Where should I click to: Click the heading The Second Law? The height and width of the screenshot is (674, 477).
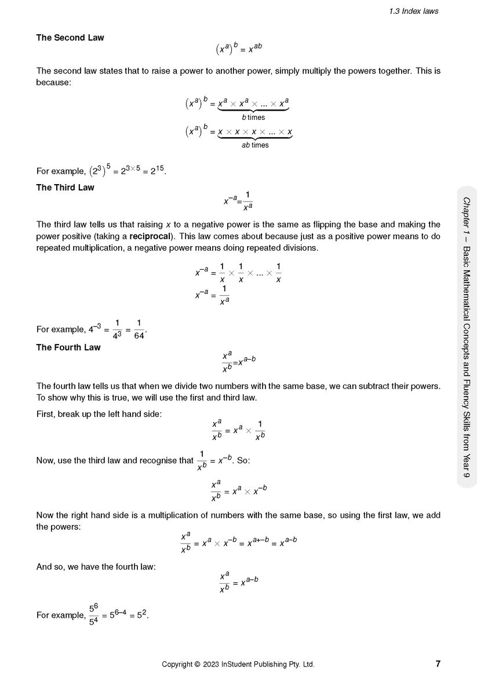[x=70, y=38]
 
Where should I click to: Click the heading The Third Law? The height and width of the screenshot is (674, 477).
[x=65, y=188]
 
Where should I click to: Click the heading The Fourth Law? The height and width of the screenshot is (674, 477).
[x=68, y=347]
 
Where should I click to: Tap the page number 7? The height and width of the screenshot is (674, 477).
[x=438, y=664]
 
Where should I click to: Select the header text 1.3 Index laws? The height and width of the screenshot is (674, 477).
[x=414, y=10]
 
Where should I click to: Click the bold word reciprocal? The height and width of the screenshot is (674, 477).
[x=151, y=236]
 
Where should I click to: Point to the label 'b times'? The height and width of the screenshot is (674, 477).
[x=253, y=118]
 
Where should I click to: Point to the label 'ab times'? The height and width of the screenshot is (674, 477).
[x=255, y=145]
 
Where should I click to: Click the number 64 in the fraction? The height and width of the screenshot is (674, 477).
[x=139, y=336]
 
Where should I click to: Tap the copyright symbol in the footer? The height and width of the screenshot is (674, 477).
[x=197, y=664]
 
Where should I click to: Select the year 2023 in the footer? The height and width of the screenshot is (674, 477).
[x=210, y=664]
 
